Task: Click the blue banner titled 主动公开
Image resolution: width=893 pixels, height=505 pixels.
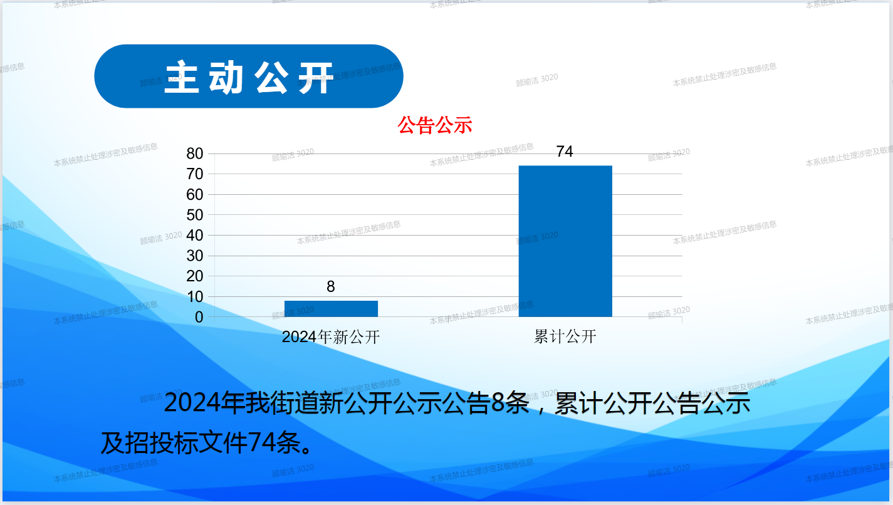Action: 249,76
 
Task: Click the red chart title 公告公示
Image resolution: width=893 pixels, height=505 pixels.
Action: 435,125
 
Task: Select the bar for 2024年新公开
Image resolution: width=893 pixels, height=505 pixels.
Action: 331,309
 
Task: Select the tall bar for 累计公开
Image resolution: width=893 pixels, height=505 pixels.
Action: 565,241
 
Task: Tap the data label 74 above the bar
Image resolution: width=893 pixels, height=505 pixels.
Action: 565,152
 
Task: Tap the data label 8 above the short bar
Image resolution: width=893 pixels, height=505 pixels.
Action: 331,286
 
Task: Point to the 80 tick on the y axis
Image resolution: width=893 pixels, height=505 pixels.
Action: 195,154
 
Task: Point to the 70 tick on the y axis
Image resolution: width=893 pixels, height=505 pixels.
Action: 195,174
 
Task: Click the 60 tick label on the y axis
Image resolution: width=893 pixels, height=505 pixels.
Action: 195,194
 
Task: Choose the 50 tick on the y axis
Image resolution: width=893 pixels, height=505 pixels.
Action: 195,216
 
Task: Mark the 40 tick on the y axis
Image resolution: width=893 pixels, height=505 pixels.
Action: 195,236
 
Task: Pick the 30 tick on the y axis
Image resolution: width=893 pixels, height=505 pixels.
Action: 195,256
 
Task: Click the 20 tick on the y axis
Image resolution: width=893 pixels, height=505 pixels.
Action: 195,276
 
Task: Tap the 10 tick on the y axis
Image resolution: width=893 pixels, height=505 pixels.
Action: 195,297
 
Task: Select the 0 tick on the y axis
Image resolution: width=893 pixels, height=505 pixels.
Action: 199,317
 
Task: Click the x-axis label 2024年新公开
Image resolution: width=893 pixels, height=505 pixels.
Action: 331,337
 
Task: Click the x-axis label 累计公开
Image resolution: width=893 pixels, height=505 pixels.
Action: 565,337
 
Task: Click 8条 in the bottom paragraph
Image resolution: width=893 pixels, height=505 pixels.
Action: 510,403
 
